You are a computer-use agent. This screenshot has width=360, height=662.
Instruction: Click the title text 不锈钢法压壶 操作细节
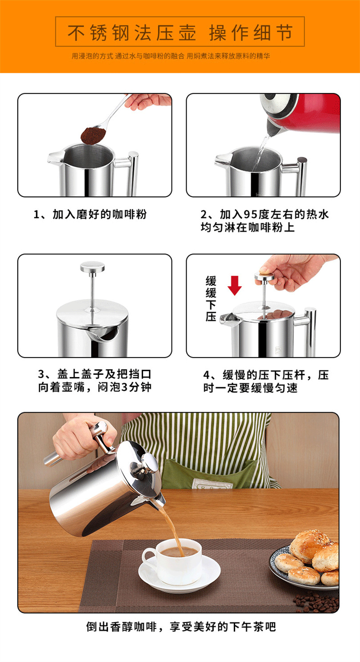[x=180, y=32]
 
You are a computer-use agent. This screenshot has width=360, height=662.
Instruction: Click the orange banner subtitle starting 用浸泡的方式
[x=171, y=56]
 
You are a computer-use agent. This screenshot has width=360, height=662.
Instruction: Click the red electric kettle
[x=302, y=113]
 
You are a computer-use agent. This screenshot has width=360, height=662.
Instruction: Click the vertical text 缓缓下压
[x=211, y=298]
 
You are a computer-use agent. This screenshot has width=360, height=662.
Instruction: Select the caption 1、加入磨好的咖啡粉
[x=90, y=215]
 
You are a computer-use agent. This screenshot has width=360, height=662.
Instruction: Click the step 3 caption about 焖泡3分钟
[x=95, y=381]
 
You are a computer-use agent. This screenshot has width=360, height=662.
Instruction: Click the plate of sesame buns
[x=311, y=560]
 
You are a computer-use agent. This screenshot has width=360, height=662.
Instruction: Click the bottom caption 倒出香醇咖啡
[x=180, y=627]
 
